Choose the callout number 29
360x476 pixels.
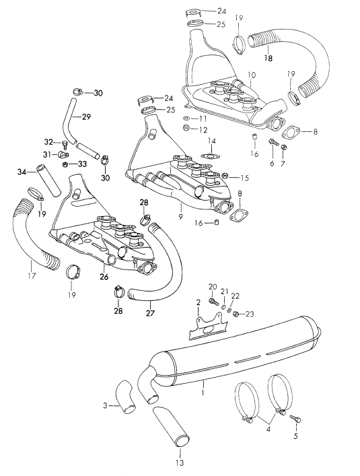pos(85,116)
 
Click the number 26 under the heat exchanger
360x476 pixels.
pos(104,275)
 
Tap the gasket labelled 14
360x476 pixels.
pos(210,156)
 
